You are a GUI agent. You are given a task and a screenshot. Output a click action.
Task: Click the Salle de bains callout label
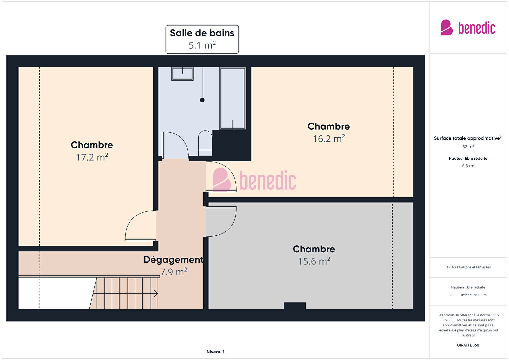point(202,39)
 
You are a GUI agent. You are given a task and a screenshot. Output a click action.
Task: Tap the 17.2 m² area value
point(92,157)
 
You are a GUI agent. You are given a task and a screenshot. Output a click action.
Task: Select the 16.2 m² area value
point(329,139)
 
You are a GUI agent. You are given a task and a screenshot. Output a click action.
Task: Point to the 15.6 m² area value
point(314,261)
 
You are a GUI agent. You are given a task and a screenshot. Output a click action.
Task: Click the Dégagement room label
point(173,260)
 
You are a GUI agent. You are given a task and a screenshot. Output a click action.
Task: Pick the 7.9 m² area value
point(174,272)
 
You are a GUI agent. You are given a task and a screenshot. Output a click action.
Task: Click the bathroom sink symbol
point(182,74)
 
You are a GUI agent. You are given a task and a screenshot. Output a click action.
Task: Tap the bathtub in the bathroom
point(233,98)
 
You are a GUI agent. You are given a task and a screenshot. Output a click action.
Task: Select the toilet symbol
point(205,143)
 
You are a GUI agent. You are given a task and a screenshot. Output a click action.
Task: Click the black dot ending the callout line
point(202,100)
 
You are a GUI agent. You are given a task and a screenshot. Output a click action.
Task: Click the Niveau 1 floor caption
point(216,352)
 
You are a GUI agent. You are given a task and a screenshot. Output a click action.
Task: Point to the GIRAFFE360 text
point(468,345)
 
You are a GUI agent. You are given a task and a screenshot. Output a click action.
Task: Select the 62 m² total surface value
point(468,147)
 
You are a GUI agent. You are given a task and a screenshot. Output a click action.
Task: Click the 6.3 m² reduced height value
point(468,166)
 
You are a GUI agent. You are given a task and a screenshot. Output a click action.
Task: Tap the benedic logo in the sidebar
point(468,28)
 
